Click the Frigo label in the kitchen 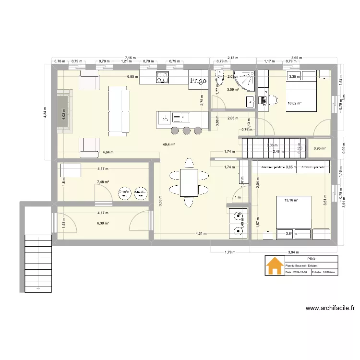pos(198,81)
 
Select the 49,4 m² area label pos(169,144)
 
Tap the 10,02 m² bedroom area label pos(294,103)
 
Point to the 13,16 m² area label pos(291,200)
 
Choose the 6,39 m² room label pos(103,223)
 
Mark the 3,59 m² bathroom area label pos(233,89)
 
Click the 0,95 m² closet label pos(319,148)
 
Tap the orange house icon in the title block pos(275,266)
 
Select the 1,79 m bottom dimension pos(230,252)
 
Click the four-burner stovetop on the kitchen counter pos(163,77)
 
